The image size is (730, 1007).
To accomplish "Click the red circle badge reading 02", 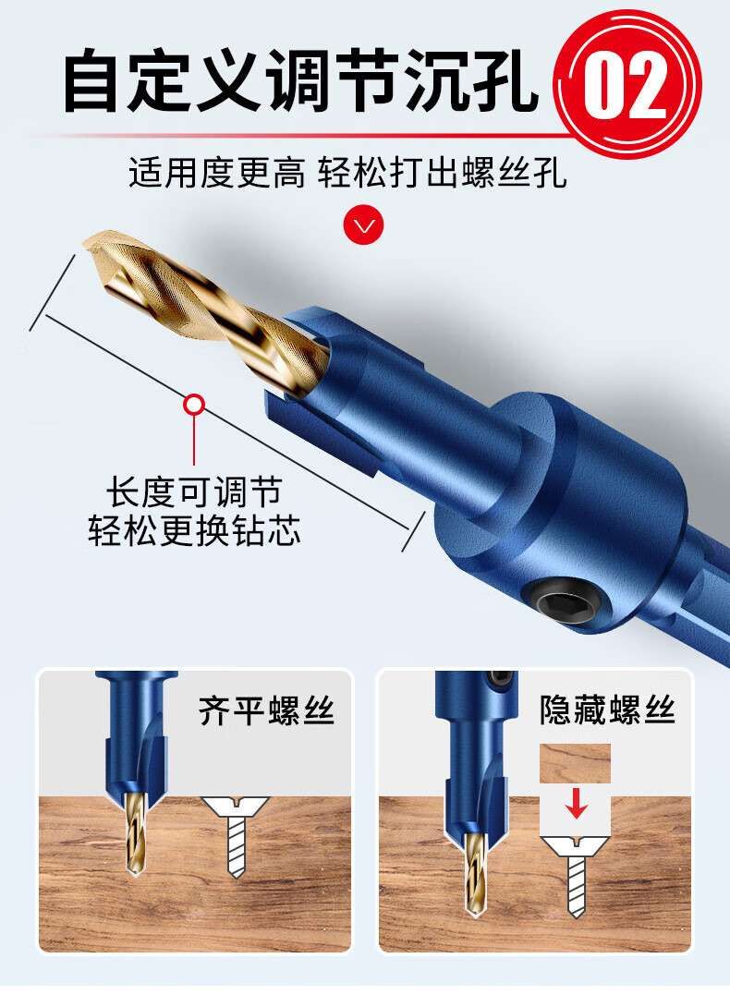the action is pos(627,84).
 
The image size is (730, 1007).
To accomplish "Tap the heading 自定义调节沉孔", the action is pos(300,81).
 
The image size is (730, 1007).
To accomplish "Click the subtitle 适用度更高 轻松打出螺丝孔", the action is pos(347,172).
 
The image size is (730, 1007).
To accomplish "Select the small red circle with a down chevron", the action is pos(364,224).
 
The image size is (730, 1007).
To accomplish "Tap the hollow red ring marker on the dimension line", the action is pos(194,406).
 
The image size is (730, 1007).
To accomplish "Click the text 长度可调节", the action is pos(194,492).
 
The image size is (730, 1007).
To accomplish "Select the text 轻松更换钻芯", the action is pos(194,531).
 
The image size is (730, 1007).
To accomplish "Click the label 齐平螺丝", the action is pos(266,711).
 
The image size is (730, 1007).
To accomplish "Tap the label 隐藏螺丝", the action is pos(607,710).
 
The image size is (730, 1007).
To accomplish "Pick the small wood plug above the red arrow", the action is pos(575,764).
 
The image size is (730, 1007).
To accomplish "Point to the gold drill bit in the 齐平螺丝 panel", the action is pos(135,833).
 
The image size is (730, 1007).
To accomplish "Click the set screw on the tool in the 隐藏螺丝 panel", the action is pos(502,678).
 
